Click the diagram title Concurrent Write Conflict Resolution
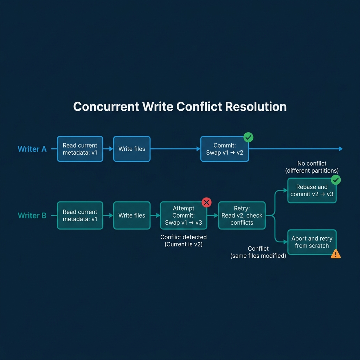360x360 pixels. pyautogui.click(x=180, y=107)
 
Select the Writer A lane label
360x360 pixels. pyautogui.click(x=32, y=149)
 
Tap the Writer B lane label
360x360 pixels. pyautogui.click(x=32, y=216)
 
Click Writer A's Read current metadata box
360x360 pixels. pyautogui.click(x=80, y=149)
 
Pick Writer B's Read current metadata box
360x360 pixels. pyautogui.click(x=80, y=216)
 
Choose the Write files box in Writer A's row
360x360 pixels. pyautogui.click(x=132, y=149)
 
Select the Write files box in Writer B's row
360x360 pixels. pyautogui.click(x=132, y=216)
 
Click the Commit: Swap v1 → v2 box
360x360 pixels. pyautogui.click(x=225, y=149)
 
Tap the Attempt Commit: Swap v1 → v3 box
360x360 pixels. pyautogui.click(x=184, y=216)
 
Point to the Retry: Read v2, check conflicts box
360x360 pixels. pyautogui.click(x=242, y=216)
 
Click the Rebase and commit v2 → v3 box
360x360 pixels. pyautogui.click(x=312, y=191)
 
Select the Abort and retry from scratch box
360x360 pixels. pyautogui.click(x=312, y=242)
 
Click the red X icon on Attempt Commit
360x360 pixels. pyautogui.click(x=206, y=202)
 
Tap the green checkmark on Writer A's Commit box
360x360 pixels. pyautogui.click(x=249, y=137)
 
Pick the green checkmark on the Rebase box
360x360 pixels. pyautogui.click(x=336, y=180)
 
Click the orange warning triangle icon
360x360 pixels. pyautogui.click(x=336, y=254)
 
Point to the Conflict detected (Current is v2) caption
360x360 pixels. pyautogui.click(x=184, y=240)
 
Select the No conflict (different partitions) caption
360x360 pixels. pyautogui.click(x=312, y=167)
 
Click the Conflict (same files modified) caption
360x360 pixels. pyautogui.click(x=258, y=252)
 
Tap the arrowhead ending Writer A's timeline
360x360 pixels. pyautogui.click(x=340, y=149)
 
